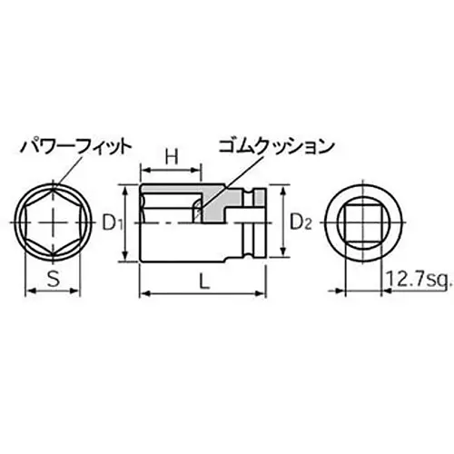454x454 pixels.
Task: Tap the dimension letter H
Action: [x=171, y=157]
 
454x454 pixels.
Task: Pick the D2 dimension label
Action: [x=301, y=221]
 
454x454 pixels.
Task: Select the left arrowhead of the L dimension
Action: [x=144, y=294]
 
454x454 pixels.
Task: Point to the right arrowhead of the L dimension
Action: [x=269, y=294]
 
